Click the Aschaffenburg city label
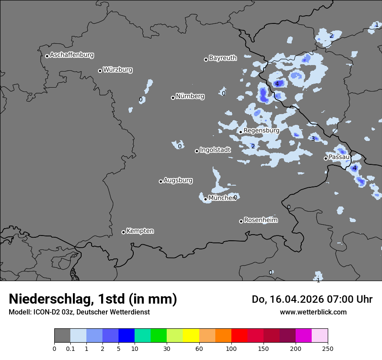(x=72, y=55)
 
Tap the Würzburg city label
(x=118, y=70)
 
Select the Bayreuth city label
(x=223, y=58)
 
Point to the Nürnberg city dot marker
(x=173, y=98)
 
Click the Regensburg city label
(x=261, y=131)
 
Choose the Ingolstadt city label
(x=215, y=150)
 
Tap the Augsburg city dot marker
(x=161, y=181)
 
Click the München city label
(x=222, y=198)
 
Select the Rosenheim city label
(x=260, y=220)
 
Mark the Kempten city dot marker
(x=123, y=232)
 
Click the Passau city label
(x=339, y=157)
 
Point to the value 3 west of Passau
(x=313, y=139)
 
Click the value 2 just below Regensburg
(x=253, y=146)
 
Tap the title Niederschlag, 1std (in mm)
(x=93, y=299)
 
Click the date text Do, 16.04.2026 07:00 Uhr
(x=312, y=299)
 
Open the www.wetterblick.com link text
(x=313, y=312)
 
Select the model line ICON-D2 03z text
(x=79, y=312)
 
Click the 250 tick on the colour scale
(x=327, y=349)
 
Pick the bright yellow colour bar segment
(x=191, y=336)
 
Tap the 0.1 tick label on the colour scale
(x=70, y=349)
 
